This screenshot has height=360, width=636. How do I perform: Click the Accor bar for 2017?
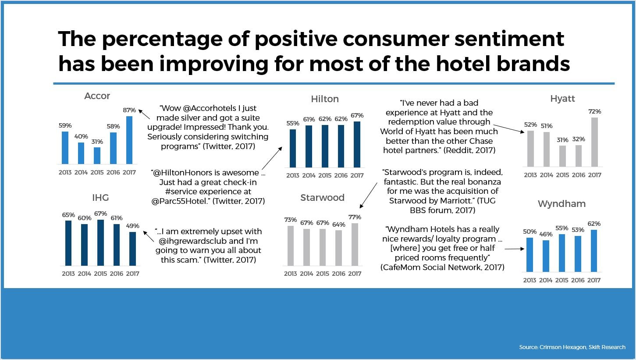click(x=129, y=140)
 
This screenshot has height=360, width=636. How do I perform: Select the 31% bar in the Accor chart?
click(x=97, y=155)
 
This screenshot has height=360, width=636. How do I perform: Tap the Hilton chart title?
click(x=325, y=99)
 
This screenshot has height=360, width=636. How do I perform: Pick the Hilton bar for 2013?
click(x=293, y=148)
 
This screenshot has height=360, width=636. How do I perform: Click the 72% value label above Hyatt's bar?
click(x=594, y=111)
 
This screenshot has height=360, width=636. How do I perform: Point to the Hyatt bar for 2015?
click(x=562, y=156)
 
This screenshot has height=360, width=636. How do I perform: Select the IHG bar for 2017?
click(x=133, y=249)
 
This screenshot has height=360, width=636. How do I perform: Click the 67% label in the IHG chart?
click(x=100, y=214)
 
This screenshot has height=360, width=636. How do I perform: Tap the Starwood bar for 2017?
click(x=355, y=244)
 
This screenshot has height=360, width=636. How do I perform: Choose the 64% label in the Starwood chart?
click(x=339, y=225)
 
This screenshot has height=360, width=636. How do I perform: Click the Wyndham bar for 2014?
click(x=546, y=256)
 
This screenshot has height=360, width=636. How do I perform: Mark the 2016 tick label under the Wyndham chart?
click(x=578, y=280)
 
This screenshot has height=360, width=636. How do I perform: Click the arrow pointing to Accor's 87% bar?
click(x=144, y=114)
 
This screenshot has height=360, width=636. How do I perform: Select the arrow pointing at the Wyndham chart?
click(x=515, y=249)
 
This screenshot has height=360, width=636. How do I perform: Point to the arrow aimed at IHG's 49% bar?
click(x=149, y=236)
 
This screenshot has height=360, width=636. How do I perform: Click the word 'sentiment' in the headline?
click(x=509, y=39)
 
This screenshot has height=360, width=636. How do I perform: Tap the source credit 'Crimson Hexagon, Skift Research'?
click(x=583, y=347)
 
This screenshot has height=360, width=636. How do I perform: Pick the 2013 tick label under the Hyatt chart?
click(x=530, y=175)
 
